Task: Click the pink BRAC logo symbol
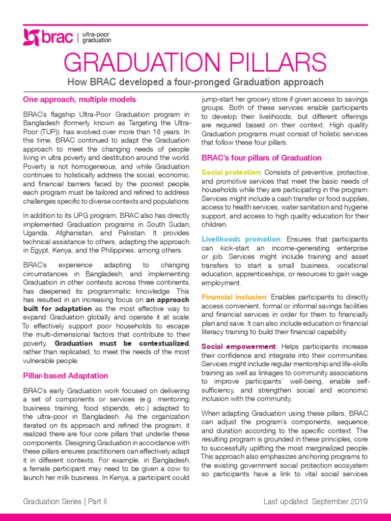[31, 37]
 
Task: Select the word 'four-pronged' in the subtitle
[207, 82]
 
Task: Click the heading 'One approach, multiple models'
[79, 99]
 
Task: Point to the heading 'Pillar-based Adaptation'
[65, 375]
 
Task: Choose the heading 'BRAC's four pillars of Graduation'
[261, 158]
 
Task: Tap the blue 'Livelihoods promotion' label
[241, 239]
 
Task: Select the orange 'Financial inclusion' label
[234, 297]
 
